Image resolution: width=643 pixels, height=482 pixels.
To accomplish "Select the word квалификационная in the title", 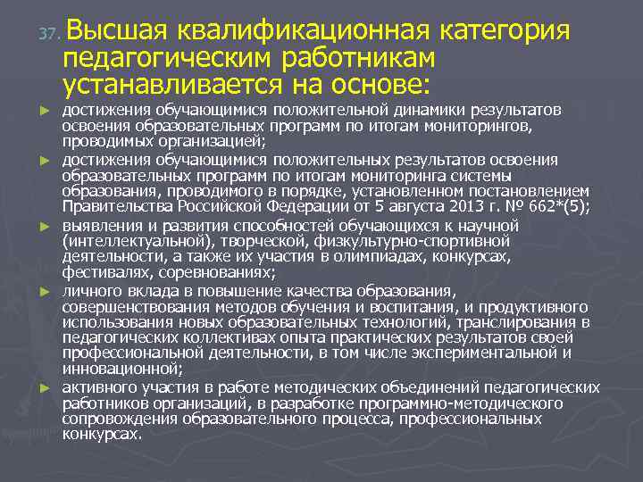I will [305, 31].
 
